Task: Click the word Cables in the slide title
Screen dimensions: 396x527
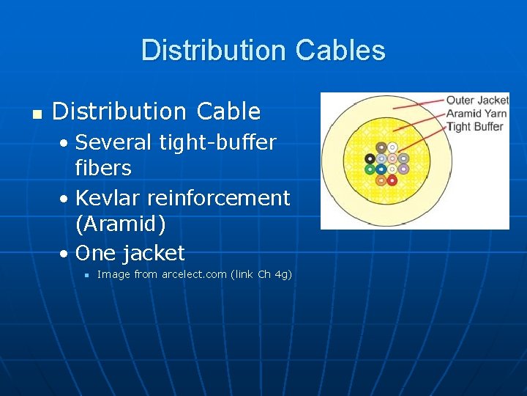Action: (340, 51)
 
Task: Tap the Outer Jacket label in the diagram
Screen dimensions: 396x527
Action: (477, 100)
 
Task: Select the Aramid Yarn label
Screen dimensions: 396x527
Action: (477, 114)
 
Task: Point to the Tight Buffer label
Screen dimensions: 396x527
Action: (475, 127)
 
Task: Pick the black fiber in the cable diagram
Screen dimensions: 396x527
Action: (370, 158)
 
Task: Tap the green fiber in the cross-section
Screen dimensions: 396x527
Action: (370, 169)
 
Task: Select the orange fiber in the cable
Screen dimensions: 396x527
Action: (381, 180)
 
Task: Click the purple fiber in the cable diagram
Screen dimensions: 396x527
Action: (403, 169)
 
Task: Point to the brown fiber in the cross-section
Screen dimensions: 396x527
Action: (381, 148)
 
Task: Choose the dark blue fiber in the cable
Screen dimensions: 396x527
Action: (381, 169)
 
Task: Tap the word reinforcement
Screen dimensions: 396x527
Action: (220, 198)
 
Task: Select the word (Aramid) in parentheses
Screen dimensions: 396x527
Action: (120, 224)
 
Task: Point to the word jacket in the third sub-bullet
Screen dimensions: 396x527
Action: (154, 254)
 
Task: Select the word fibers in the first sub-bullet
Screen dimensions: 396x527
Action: (103, 168)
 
